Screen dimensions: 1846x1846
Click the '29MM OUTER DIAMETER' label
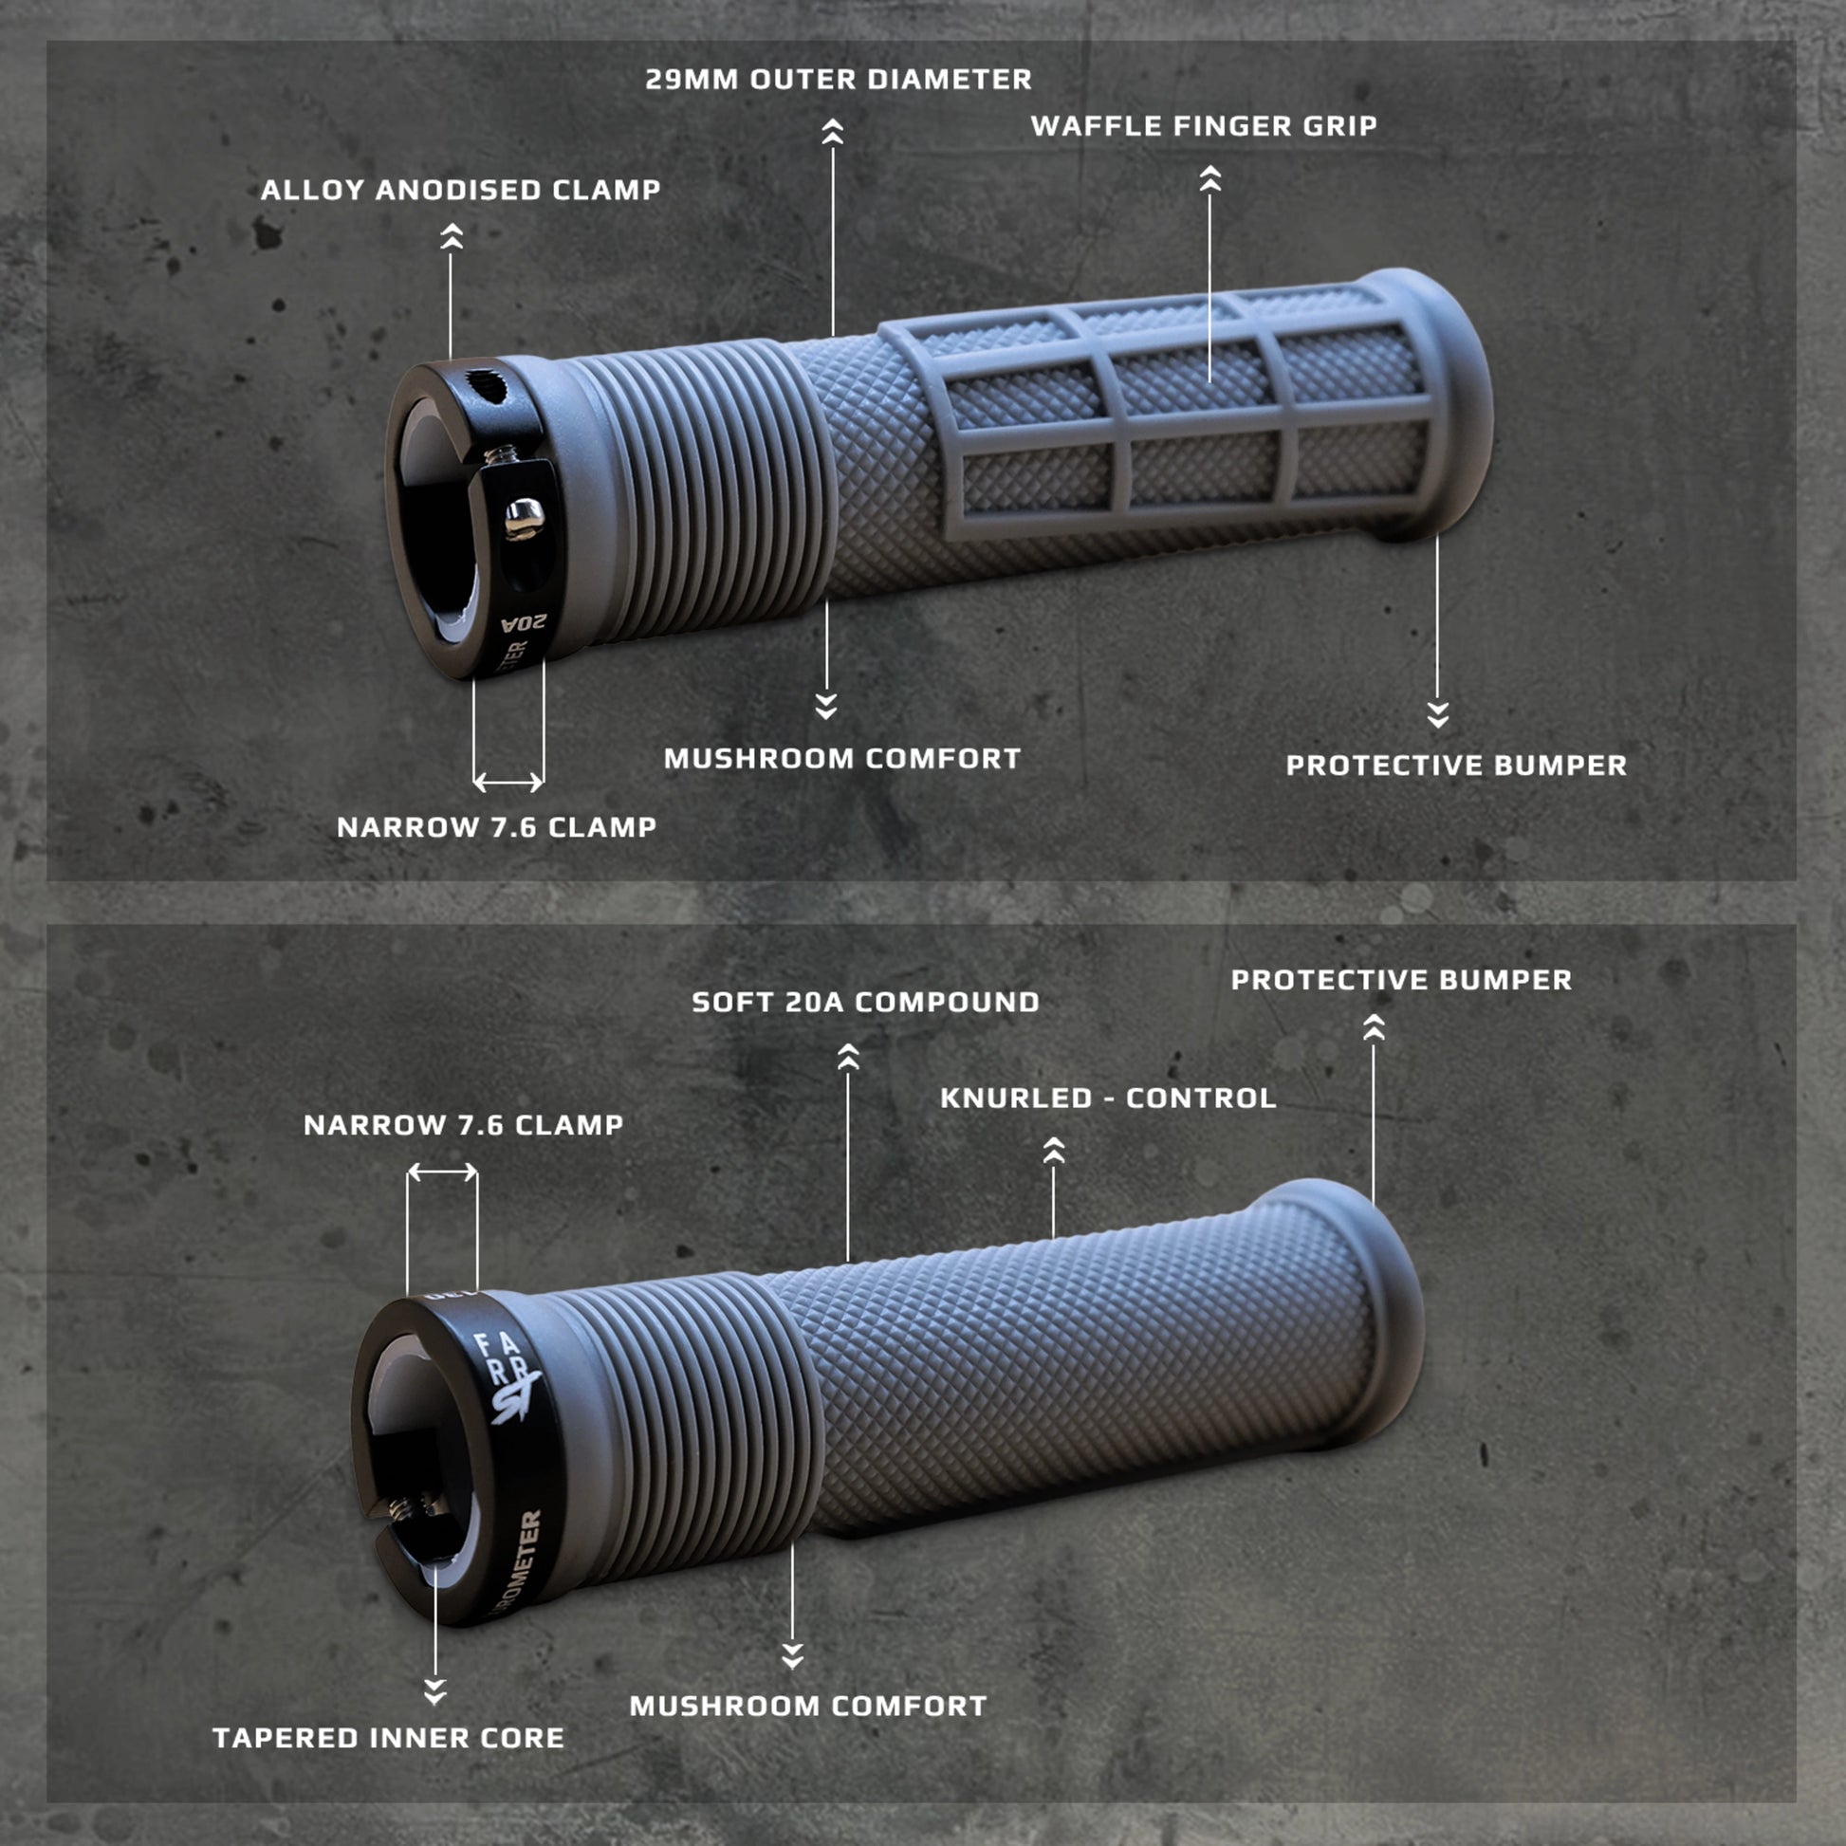coord(838,80)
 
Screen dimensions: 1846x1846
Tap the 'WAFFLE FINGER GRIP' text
coord(1203,126)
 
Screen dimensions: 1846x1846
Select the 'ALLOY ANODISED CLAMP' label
coord(460,190)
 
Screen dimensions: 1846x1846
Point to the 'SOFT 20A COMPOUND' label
coord(865,1003)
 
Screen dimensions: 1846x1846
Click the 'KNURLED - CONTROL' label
coord(1107,1098)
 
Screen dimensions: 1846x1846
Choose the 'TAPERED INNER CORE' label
coord(388,1738)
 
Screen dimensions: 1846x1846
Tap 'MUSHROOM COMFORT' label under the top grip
coord(841,760)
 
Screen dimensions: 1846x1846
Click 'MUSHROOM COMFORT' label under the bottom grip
coord(807,1707)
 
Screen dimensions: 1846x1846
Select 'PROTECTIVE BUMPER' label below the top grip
coord(1455,766)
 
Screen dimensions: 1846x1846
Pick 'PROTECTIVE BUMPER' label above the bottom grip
coord(1401,980)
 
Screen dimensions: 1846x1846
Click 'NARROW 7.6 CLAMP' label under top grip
coord(496,827)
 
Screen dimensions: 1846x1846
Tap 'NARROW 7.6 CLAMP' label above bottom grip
coord(464,1126)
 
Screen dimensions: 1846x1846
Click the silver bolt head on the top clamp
coord(525,517)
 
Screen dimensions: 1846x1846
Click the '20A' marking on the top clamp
coord(524,623)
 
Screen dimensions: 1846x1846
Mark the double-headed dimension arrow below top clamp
coord(508,783)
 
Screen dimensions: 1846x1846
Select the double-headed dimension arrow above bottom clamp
coord(442,1172)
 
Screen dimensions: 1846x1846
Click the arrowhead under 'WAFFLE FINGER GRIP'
coord(1209,178)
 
